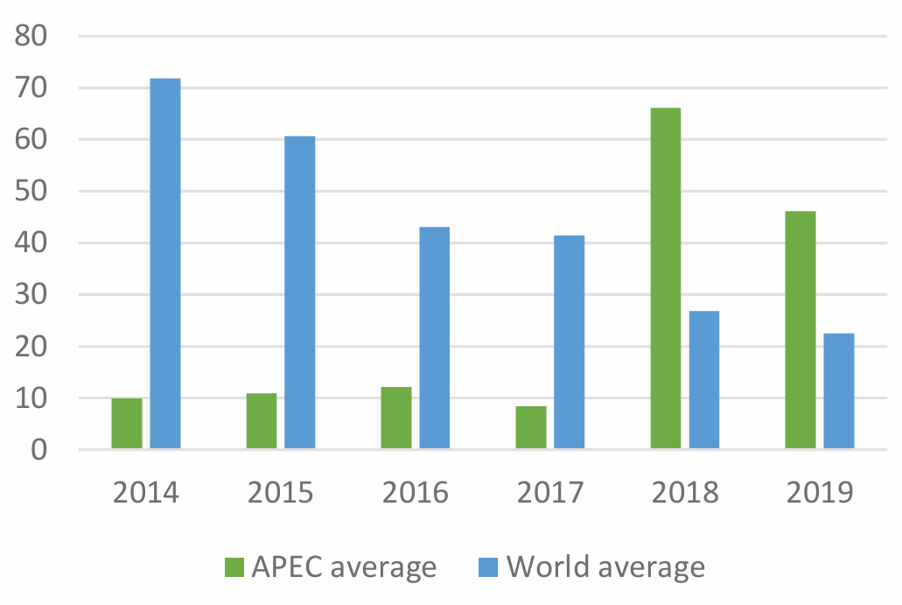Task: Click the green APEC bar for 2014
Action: point(127,424)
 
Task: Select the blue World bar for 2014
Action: point(165,264)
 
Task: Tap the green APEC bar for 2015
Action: point(262,421)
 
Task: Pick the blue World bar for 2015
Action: point(300,292)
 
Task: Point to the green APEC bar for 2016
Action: point(396,419)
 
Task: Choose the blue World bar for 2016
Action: point(435,338)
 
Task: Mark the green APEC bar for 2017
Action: point(531,427)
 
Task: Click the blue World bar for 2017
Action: point(570,342)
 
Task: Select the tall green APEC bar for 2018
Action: point(666,278)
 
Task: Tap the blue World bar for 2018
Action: point(704,380)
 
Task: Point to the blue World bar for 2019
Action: point(839,391)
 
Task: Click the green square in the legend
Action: point(235,567)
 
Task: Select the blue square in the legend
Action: point(491,567)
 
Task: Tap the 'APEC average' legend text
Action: point(344,567)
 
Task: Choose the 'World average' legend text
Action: point(605,567)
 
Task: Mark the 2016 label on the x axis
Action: point(416,493)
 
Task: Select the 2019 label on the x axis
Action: point(820,493)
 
